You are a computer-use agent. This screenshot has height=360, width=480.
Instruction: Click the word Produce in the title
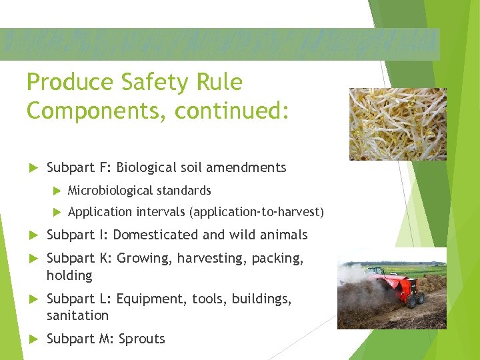70,83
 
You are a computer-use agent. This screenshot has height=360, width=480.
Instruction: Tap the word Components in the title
97,111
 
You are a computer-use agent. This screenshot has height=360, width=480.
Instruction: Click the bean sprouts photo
397,124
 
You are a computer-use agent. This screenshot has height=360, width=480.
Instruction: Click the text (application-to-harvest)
257,213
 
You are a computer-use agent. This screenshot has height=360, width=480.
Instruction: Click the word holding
69,275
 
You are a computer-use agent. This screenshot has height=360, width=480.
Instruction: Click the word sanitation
77,315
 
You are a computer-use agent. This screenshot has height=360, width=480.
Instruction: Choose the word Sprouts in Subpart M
141,339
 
